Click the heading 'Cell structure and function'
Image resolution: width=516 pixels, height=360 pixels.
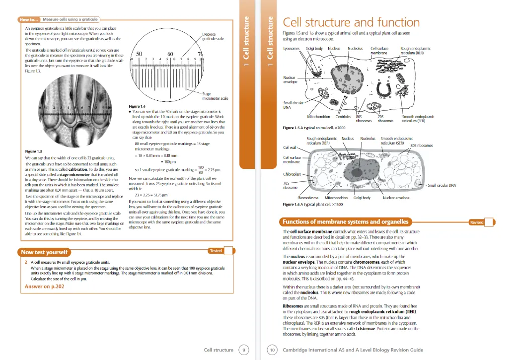click(x=351, y=22)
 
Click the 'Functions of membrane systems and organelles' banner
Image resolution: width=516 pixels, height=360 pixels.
click(x=345, y=222)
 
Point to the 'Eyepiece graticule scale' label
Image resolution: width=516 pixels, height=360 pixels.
click(x=213, y=37)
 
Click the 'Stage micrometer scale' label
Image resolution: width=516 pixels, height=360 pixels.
click(x=215, y=96)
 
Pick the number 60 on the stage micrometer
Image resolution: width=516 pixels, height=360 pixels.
click(x=171, y=53)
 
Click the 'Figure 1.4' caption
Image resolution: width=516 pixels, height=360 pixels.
click(x=137, y=106)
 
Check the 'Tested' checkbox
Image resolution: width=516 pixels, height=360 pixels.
click(x=228, y=251)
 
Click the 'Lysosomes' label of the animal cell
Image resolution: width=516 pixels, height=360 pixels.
click(x=292, y=49)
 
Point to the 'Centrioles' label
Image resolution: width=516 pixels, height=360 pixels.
click(x=343, y=117)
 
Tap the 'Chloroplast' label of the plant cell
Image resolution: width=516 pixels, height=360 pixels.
click(x=293, y=174)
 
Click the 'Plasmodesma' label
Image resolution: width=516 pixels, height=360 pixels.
click(x=314, y=198)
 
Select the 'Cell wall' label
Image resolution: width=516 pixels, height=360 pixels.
click(x=290, y=147)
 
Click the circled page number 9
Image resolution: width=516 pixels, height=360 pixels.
click(x=244, y=350)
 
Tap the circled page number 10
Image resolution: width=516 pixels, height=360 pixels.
click(x=272, y=350)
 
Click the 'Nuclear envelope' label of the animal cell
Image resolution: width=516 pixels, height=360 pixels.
click(x=290, y=79)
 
